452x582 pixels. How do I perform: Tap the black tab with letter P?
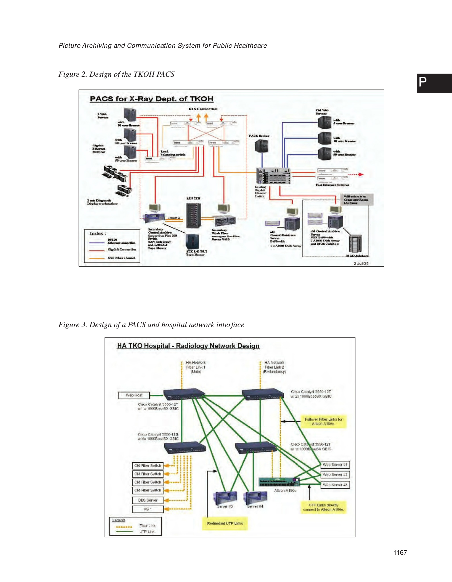434,83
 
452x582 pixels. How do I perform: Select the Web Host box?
134,395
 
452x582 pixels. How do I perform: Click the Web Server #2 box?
335,475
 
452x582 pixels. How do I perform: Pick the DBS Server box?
148,500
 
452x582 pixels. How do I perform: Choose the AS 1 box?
148,509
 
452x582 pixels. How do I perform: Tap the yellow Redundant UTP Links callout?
225,523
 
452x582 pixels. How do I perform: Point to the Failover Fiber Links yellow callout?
323,421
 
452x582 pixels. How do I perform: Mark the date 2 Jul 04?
361,263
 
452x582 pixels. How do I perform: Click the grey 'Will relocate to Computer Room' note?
357,199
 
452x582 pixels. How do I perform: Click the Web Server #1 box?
335,465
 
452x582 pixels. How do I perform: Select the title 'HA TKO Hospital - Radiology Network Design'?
188,346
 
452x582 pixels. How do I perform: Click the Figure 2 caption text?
116,74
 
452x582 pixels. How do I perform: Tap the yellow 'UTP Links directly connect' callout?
324,507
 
